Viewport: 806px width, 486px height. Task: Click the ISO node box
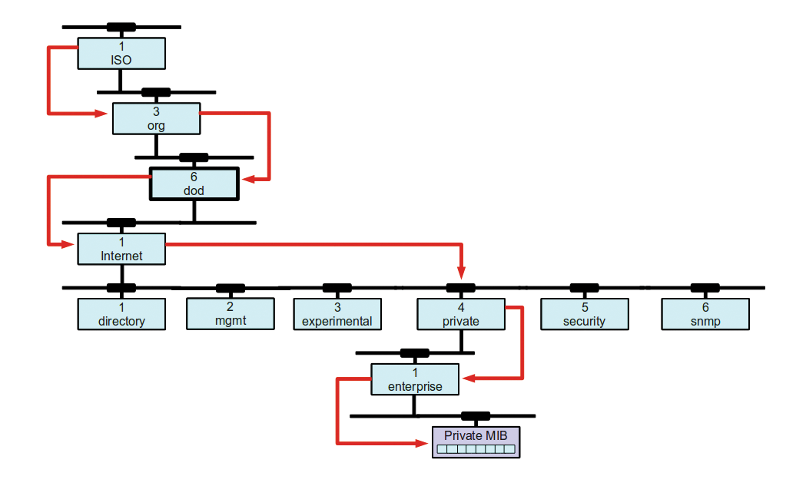tap(121, 54)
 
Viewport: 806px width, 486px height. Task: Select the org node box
tap(156, 118)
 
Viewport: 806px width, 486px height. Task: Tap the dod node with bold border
tap(194, 183)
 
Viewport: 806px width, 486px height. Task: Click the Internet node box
tap(121, 250)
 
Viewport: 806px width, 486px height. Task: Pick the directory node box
tap(121, 315)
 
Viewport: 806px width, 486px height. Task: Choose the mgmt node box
tap(231, 314)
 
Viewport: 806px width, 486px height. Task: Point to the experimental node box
tap(337, 315)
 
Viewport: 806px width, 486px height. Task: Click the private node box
tap(461, 315)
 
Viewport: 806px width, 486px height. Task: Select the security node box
tap(584, 315)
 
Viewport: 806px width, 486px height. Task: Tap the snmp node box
tap(705, 315)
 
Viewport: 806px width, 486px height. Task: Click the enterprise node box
tap(415, 379)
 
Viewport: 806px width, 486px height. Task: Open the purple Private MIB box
tap(476, 443)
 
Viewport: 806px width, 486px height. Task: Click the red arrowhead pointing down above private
tap(461, 273)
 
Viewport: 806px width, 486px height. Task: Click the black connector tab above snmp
tap(705, 288)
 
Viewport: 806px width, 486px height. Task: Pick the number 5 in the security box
tap(584, 308)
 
